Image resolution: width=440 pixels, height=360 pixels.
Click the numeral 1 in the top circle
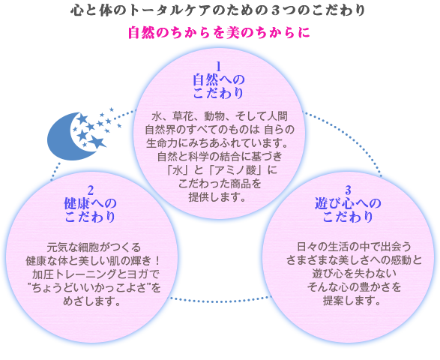pos(218,67)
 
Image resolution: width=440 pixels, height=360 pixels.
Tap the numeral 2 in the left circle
pos(90,190)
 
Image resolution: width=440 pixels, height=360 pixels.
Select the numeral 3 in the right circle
pos(348,190)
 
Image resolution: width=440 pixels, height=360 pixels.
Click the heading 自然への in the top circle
pos(219,79)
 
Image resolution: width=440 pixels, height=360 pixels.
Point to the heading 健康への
pos(90,203)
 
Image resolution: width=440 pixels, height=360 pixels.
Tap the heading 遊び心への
pos(348,203)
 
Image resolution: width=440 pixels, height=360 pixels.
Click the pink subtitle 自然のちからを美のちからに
pos(219,32)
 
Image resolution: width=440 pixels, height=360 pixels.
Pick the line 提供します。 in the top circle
pos(217,197)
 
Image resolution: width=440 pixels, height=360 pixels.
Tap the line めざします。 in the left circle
pos(91,301)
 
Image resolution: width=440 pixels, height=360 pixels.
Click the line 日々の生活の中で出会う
pos(354,247)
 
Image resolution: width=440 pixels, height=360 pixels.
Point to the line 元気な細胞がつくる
pos(94,247)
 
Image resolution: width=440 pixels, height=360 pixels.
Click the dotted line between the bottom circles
pos(220,301)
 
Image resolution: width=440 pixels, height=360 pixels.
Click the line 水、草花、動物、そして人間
pos(220,116)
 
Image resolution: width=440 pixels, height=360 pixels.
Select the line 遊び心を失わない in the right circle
pos(354,274)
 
